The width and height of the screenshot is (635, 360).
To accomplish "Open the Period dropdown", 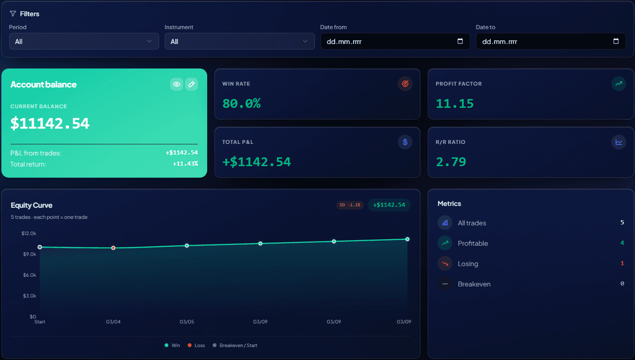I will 84,41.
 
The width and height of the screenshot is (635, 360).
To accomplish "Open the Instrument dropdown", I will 239,41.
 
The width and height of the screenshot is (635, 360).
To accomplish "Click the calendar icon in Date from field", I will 460,41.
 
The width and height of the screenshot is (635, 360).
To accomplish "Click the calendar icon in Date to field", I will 616,41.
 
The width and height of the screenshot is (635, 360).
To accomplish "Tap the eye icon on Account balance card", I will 176,84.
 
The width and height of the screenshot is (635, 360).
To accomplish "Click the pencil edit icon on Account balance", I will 191,84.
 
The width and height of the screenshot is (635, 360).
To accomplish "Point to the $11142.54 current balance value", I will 50,124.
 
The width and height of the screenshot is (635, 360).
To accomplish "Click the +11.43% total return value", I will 185,164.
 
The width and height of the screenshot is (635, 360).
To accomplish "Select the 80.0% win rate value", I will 241,104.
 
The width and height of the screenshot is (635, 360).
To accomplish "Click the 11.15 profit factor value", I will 455,104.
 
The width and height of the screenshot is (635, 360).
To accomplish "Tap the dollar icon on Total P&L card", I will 405,142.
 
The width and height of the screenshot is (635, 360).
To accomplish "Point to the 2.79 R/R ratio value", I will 451,162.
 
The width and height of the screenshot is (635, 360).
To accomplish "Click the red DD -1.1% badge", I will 350,205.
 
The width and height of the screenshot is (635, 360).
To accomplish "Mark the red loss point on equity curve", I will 113,248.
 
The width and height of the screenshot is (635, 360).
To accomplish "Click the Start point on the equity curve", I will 40,247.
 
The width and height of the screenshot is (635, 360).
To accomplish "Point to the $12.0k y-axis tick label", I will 29,233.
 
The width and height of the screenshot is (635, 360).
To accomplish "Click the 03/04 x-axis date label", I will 113,322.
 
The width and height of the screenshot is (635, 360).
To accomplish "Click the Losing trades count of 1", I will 622,263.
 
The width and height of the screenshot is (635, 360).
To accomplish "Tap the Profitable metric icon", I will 445,243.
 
